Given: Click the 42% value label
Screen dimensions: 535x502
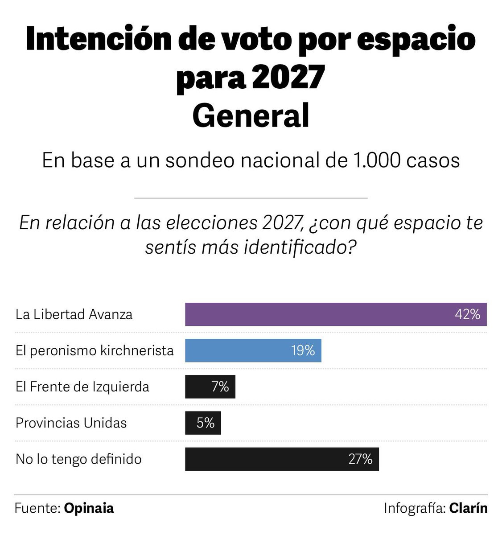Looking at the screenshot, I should (x=467, y=314).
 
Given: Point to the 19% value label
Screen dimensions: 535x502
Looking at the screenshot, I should (x=303, y=350).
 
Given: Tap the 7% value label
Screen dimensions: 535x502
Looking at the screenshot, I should (x=220, y=387).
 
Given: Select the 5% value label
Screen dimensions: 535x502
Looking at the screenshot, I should (x=206, y=423).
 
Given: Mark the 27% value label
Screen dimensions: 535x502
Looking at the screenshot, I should (x=360, y=459).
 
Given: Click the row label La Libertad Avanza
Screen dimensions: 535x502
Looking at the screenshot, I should (x=74, y=314).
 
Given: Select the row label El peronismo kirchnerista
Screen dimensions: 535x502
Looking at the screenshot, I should (x=95, y=350).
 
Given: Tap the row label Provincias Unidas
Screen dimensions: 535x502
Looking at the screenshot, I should (x=71, y=423).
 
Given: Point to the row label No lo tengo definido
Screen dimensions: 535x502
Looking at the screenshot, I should (x=78, y=459).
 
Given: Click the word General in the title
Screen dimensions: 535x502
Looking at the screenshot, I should (x=251, y=115).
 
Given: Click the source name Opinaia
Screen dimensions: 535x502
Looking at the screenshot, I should (x=89, y=508).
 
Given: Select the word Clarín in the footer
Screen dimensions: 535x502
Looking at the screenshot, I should (x=468, y=508).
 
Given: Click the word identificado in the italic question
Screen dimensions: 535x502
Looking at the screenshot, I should (x=295, y=247).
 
